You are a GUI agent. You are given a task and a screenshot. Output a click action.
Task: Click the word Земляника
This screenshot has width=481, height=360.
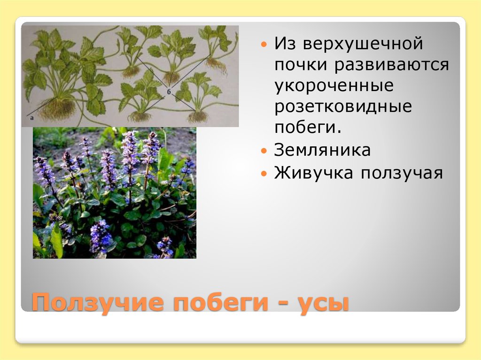323,150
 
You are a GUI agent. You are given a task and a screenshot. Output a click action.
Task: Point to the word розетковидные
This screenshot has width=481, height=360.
343,107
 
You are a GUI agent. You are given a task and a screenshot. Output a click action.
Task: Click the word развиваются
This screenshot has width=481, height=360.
392,66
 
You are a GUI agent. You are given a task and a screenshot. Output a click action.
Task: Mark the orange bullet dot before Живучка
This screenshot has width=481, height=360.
264,174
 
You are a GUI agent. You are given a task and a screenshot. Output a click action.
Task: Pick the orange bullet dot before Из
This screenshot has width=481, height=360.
264,46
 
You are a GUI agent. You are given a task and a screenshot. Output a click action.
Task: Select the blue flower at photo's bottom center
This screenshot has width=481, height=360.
101,237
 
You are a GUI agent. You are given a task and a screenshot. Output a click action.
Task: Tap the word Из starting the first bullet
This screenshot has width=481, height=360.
286,45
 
